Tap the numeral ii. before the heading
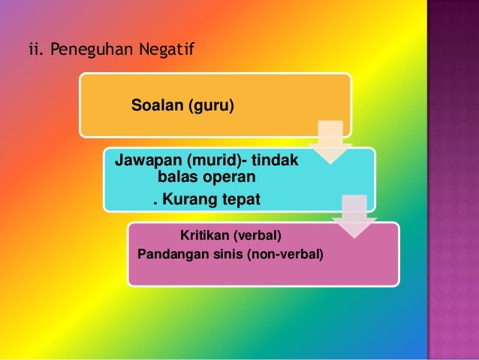34,51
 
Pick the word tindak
275,162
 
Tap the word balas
178,179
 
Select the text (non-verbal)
285,254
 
